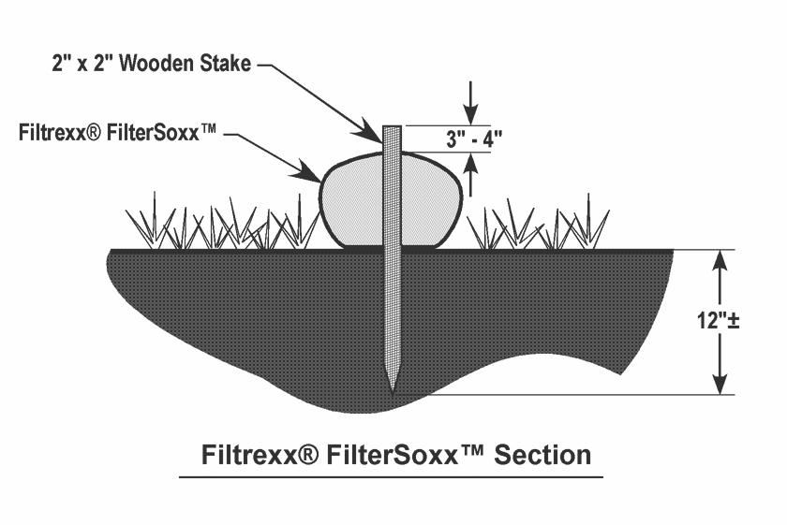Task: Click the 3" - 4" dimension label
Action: pyautogui.click(x=474, y=139)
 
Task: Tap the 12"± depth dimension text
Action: pyautogui.click(x=718, y=320)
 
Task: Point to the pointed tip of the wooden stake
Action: pyautogui.click(x=393, y=391)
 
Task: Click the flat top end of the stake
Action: pyautogui.click(x=392, y=127)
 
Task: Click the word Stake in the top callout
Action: pyautogui.click(x=226, y=64)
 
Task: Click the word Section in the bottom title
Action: pyautogui.click(x=542, y=455)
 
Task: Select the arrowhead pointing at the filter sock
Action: pyautogui.click(x=306, y=171)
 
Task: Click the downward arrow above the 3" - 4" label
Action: pyautogui.click(x=470, y=103)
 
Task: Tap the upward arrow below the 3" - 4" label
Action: pyautogui.click(x=470, y=174)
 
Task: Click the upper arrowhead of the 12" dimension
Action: pyautogui.click(x=720, y=261)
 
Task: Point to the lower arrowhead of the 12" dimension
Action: pyautogui.click(x=720, y=383)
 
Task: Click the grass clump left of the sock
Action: pyautogui.click(x=221, y=223)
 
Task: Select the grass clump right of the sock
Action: pyautogui.click(x=538, y=223)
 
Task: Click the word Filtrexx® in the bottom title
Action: pyautogui.click(x=260, y=455)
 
